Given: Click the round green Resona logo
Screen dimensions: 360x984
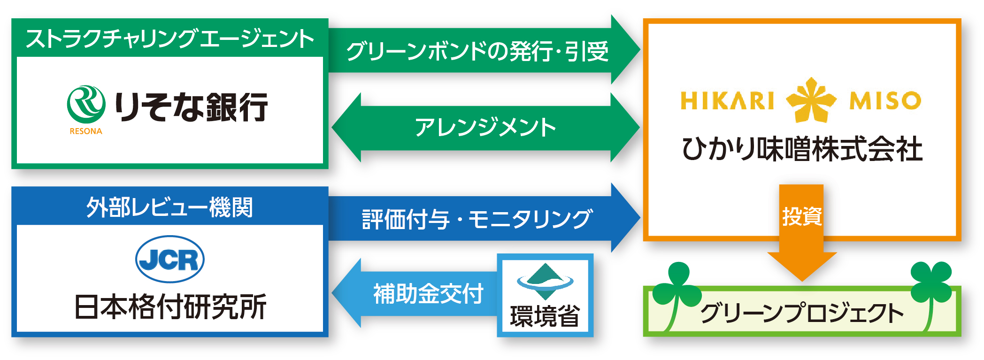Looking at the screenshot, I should (x=86, y=105).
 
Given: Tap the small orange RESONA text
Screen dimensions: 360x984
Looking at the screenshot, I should (x=86, y=131).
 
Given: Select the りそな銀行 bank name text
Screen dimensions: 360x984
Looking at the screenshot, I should (x=192, y=107).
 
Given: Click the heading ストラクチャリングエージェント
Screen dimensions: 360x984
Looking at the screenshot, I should (x=169, y=38).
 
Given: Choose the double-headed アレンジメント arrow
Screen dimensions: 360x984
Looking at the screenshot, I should (x=485, y=127).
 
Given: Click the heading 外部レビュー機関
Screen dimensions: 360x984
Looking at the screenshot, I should (x=169, y=207).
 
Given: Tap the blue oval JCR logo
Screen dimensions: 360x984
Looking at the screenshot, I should (x=169, y=259).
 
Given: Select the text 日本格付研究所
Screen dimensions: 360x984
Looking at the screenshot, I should (x=170, y=307).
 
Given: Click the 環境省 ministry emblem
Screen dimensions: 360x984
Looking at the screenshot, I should (x=545, y=281).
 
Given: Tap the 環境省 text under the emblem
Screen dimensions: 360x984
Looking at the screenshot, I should (x=545, y=316).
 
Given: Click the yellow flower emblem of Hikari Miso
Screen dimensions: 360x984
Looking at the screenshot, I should (x=811, y=100).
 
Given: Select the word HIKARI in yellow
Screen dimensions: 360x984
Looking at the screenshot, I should (x=727, y=100).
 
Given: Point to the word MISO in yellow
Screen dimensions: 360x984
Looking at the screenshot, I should (x=885, y=100).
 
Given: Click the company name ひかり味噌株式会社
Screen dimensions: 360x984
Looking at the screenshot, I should (x=802, y=149).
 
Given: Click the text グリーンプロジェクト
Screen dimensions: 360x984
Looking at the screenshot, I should (x=802, y=313).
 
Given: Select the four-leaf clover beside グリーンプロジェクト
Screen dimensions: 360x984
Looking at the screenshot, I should (x=931, y=282).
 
